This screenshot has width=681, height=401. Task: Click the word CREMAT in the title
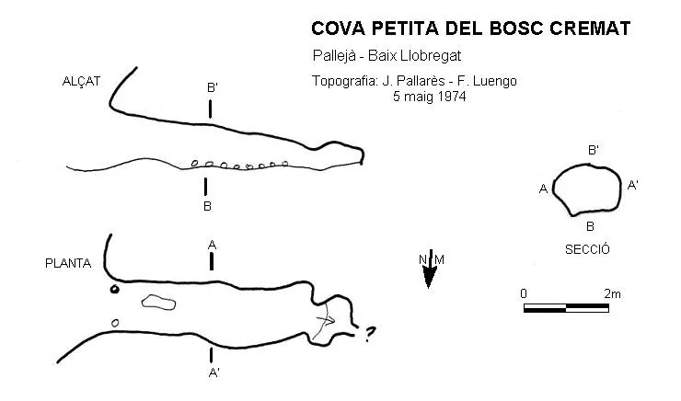click(590, 29)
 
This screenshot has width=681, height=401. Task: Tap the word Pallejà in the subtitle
click(334, 55)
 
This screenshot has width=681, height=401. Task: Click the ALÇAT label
click(81, 81)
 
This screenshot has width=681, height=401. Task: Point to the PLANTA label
click(68, 263)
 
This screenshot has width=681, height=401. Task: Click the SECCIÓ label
click(587, 249)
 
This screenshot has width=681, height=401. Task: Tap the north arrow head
click(429, 278)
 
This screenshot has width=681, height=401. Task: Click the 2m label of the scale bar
click(612, 293)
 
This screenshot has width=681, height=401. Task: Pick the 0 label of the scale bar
click(524, 293)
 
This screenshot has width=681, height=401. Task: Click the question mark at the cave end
click(369, 334)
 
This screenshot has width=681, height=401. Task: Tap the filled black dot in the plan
click(114, 289)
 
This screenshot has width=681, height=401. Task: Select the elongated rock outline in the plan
click(158, 302)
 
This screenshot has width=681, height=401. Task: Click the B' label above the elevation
click(212, 87)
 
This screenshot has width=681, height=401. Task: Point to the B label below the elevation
click(208, 206)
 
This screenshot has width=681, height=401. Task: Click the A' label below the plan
click(214, 372)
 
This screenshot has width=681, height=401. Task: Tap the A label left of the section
click(543, 189)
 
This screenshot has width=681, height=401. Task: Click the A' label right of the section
click(633, 185)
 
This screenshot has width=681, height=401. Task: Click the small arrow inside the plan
click(326, 321)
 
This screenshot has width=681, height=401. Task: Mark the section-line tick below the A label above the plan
click(212, 261)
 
